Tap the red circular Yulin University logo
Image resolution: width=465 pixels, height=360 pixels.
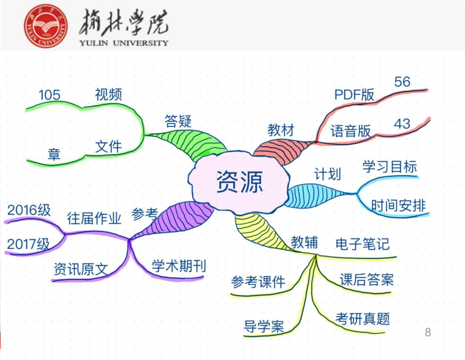click(x=46, y=26)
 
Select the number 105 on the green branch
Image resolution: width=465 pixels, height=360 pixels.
click(x=50, y=96)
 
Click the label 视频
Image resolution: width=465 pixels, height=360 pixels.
click(x=108, y=95)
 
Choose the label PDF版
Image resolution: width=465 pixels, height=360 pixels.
click(x=355, y=95)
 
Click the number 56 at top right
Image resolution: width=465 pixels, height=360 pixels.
click(x=402, y=82)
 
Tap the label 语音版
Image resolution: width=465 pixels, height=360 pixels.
click(x=351, y=131)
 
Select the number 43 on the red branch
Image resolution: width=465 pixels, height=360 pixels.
click(x=402, y=124)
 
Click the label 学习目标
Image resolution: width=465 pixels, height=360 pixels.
click(x=390, y=167)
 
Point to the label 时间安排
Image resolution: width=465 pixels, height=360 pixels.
click(x=398, y=206)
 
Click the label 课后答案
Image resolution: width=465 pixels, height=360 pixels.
click(x=367, y=280)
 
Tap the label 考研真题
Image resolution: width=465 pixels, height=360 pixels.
click(x=363, y=318)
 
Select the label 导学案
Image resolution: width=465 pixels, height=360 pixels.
click(x=264, y=327)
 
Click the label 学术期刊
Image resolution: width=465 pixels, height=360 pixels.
click(x=179, y=266)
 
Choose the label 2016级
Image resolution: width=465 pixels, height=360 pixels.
click(x=29, y=211)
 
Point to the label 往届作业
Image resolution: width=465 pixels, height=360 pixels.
click(x=94, y=219)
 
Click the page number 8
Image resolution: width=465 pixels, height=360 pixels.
click(x=428, y=332)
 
